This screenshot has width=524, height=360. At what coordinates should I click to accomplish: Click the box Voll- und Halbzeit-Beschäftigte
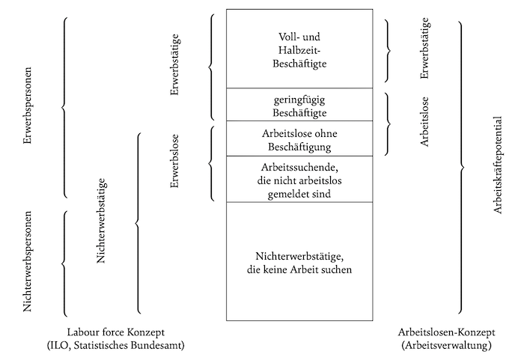pyautogui.click(x=300, y=49)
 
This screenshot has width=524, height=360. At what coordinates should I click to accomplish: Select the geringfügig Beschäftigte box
pyautogui.click(x=300, y=105)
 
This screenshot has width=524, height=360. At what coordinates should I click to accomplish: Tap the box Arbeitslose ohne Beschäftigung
pyautogui.click(x=300, y=138)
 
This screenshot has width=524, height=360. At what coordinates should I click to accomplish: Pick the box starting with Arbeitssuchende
pyautogui.click(x=300, y=179)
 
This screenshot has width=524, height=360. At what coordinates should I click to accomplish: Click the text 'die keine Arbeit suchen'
pyautogui.click(x=300, y=269)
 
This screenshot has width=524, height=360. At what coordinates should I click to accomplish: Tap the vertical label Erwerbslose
pyautogui.click(x=174, y=159)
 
